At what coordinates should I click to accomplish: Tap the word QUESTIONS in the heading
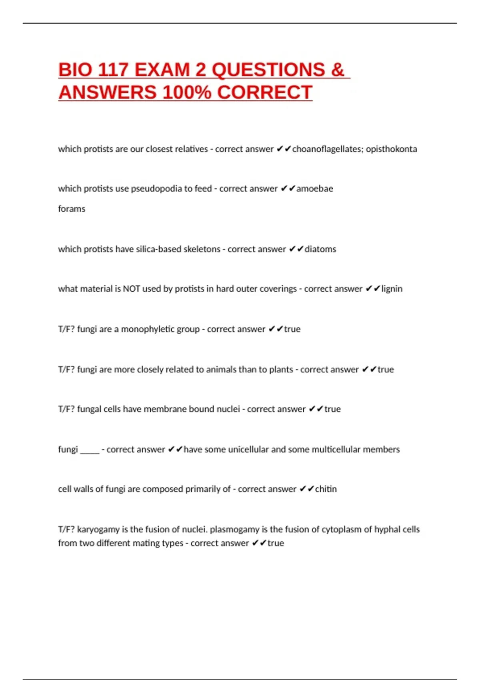coord(268,70)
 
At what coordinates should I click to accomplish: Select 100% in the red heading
coord(187,93)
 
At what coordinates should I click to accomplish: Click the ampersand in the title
coord(338,70)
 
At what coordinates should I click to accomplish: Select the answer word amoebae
coord(314,189)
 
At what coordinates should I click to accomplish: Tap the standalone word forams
coord(72,209)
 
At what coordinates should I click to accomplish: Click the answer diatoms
coord(320,249)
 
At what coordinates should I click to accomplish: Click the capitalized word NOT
coord(131,289)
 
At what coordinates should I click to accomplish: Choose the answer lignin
coord(392,289)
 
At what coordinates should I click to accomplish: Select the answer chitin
coord(326,489)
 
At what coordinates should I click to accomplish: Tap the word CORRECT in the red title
coord(264,93)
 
